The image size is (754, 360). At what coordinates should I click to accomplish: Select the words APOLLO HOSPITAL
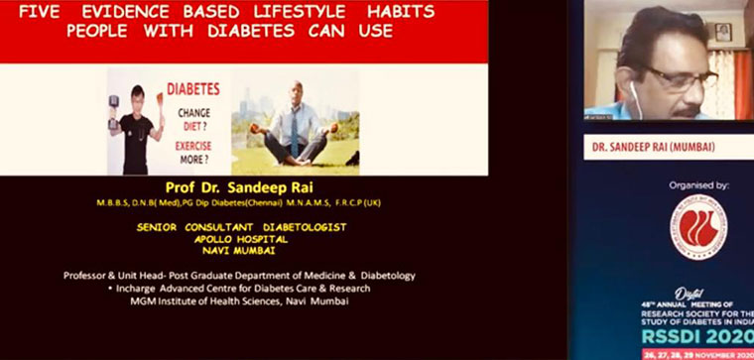[241, 239]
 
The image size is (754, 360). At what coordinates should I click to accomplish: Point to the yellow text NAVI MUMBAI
[241, 252]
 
